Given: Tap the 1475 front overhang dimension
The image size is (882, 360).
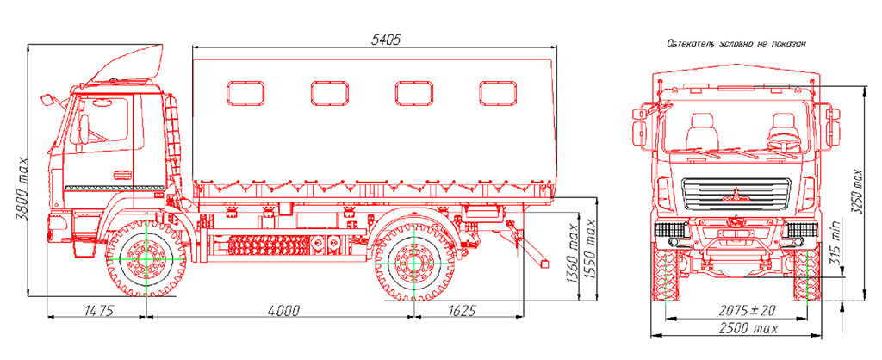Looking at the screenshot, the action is pos(99,310).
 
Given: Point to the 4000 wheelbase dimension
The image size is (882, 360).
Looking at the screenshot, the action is pos(284,310).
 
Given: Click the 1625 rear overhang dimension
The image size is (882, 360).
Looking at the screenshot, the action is pos(463,310).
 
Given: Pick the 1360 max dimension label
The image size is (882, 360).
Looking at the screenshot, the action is pos(572,256).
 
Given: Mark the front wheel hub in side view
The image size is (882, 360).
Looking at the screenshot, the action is pos(146,258).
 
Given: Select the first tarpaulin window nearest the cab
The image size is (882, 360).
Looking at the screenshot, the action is pos(245,93).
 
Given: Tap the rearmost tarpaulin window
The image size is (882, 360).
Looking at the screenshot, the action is pos(499,93).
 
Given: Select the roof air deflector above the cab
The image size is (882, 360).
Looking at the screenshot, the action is pos(128,62).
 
